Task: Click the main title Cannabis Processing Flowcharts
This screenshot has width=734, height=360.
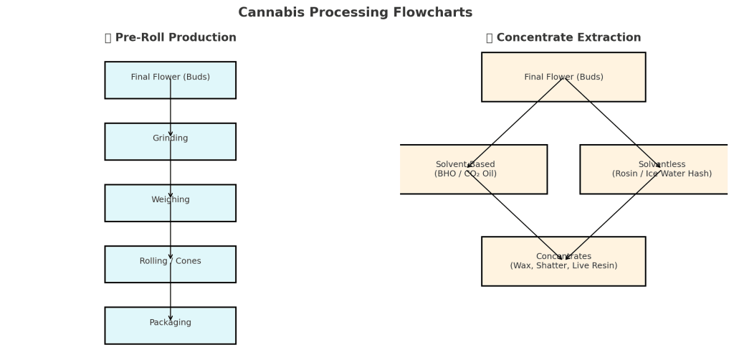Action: (x=355, y=13)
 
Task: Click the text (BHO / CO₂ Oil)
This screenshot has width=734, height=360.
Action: (x=465, y=174)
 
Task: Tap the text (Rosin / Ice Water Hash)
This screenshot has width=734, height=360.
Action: (x=662, y=174)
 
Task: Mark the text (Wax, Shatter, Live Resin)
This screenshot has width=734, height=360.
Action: (x=563, y=266)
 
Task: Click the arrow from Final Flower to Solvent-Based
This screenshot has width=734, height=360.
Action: (x=515, y=123)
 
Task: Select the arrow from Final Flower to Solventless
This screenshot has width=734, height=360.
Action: (x=612, y=123)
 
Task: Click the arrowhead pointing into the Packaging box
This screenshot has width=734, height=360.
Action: (x=171, y=318)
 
